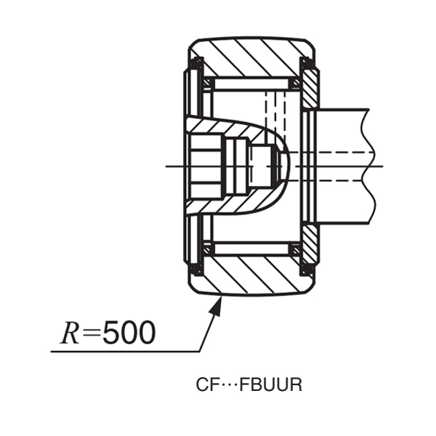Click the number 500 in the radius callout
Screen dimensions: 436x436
(129, 333)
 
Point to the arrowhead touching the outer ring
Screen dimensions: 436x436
(214, 305)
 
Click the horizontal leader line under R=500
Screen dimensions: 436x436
(124, 352)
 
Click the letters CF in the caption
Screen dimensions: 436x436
(206, 385)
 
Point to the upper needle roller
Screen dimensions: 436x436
(251, 84)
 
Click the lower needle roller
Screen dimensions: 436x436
(251, 249)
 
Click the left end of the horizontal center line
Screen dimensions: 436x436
(169, 166)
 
